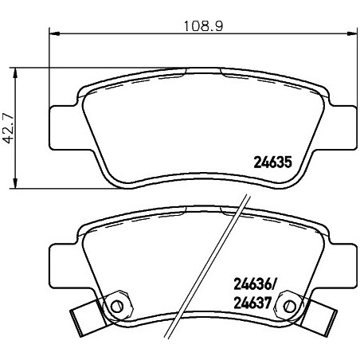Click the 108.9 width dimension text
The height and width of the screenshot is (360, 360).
(x=203, y=26)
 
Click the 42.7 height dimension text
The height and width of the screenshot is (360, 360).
(x=9, y=129)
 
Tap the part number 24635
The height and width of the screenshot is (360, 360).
(x=273, y=162)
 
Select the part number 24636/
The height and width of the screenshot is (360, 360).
(x=255, y=285)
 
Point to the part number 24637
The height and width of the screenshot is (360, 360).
(x=252, y=303)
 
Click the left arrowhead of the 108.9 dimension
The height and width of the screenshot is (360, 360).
(x=54, y=33)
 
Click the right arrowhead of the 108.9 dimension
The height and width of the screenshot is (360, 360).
(x=351, y=33)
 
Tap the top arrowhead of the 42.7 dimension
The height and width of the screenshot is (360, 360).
(x=15, y=73)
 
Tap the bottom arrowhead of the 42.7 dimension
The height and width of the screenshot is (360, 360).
(x=15, y=183)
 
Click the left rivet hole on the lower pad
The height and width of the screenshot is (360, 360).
(x=117, y=307)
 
